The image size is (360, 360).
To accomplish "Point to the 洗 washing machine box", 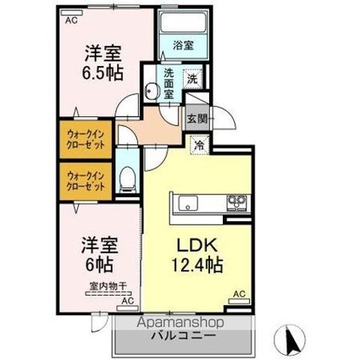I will coord(192,79).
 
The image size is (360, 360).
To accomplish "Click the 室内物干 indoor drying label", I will coord(105,288).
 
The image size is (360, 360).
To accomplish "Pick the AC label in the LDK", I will coord(238,294).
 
